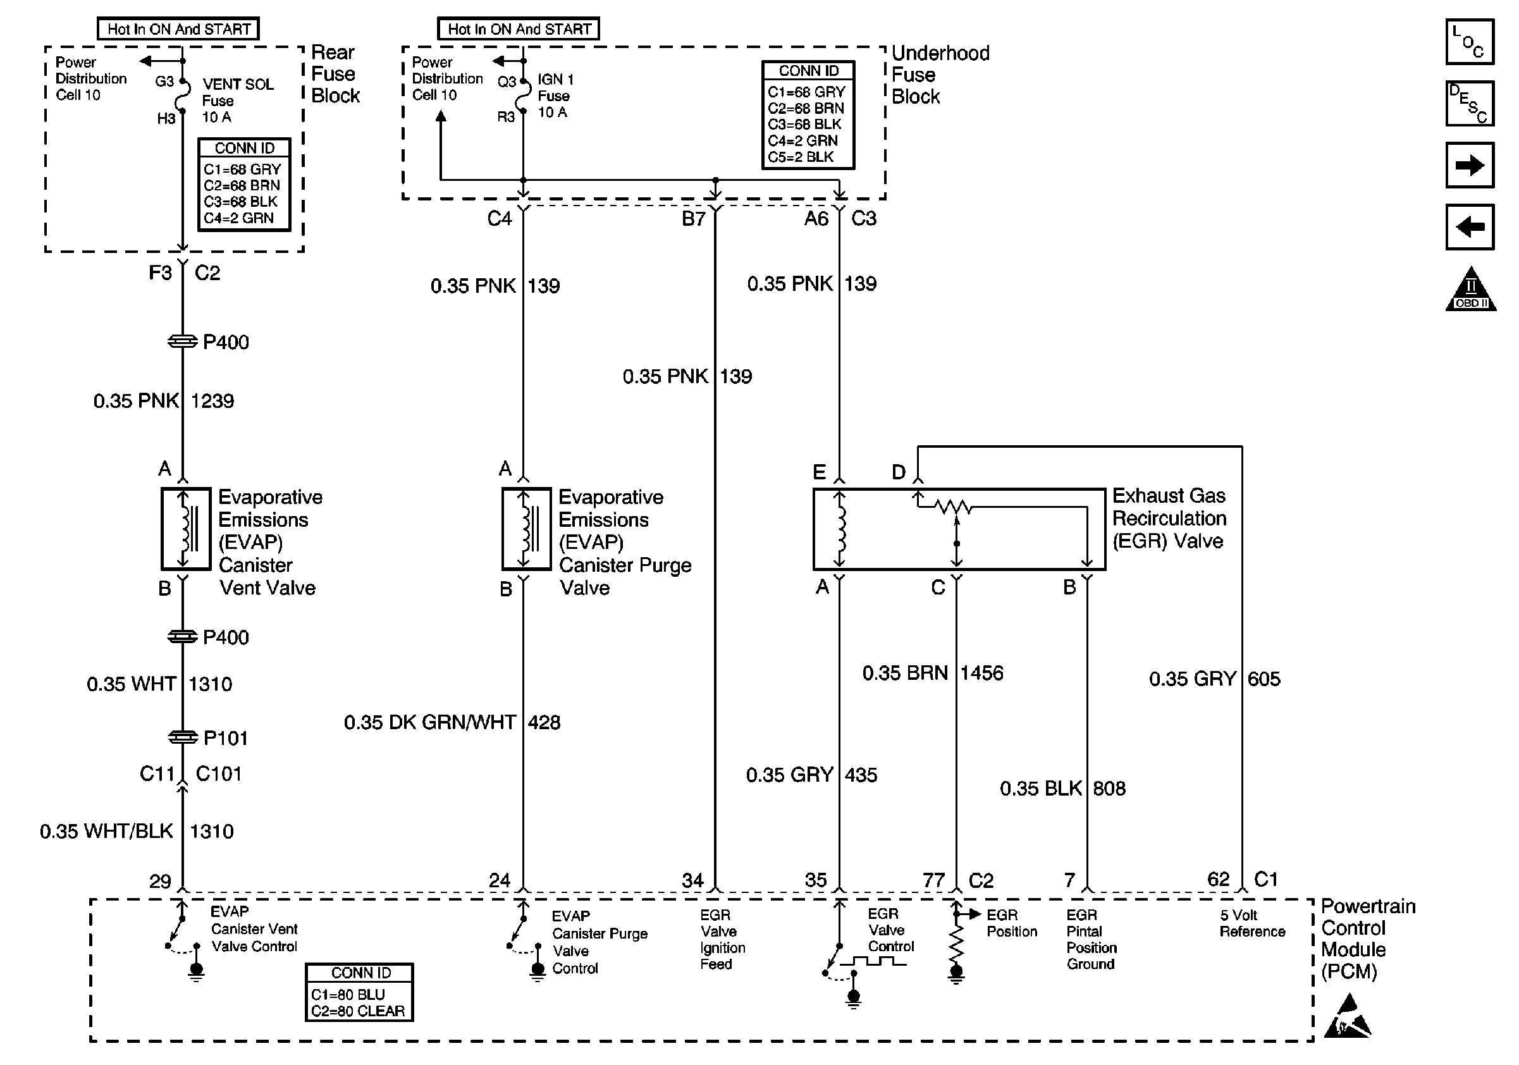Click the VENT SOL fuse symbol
pyautogui.click(x=183, y=99)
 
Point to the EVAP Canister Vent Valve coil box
pyautogui.click(x=186, y=529)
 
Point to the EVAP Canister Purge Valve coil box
pyautogui.click(x=526, y=529)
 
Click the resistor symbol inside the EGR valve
pyautogui.click(x=954, y=507)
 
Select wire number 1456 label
pyautogui.click(x=981, y=674)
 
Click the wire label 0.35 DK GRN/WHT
pyautogui.click(x=429, y=722)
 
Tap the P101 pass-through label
pyautogui.click(x=225, y=738)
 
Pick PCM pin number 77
pyautogui.click(x=933, y=880)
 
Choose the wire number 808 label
pyautogui.click(x=1109, y=789)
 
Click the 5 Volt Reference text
pyautogui.click(x=1251, y=923)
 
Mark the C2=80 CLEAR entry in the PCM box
pyautogui.click(x=358, y=1011)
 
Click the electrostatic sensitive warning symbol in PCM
pyautogui.click(x=1347, y=1016)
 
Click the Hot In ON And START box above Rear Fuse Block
pyautogui.click(x=178, y=29)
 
